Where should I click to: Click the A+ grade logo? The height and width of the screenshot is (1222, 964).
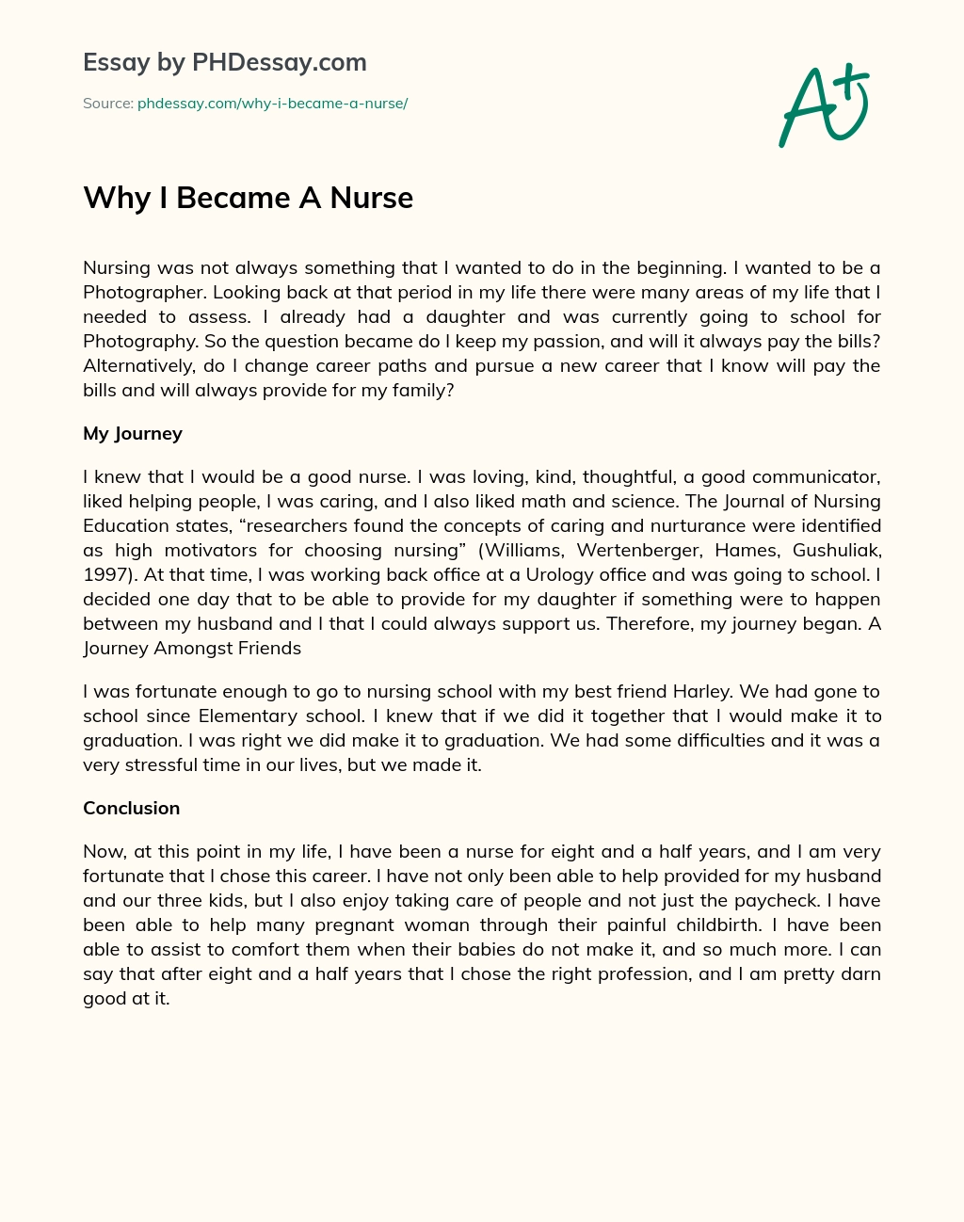coord(824,105)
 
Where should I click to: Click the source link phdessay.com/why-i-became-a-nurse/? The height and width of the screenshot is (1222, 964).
coord(272,104)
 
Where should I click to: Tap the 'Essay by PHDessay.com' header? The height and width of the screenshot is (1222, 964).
coord(224,63)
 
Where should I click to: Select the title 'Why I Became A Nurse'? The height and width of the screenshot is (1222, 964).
coord(248,198)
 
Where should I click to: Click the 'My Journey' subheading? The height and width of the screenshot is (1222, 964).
coord(133,433)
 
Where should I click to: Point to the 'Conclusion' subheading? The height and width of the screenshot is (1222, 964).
coord(131,808)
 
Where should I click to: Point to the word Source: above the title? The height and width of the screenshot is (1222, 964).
coord(107,104)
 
